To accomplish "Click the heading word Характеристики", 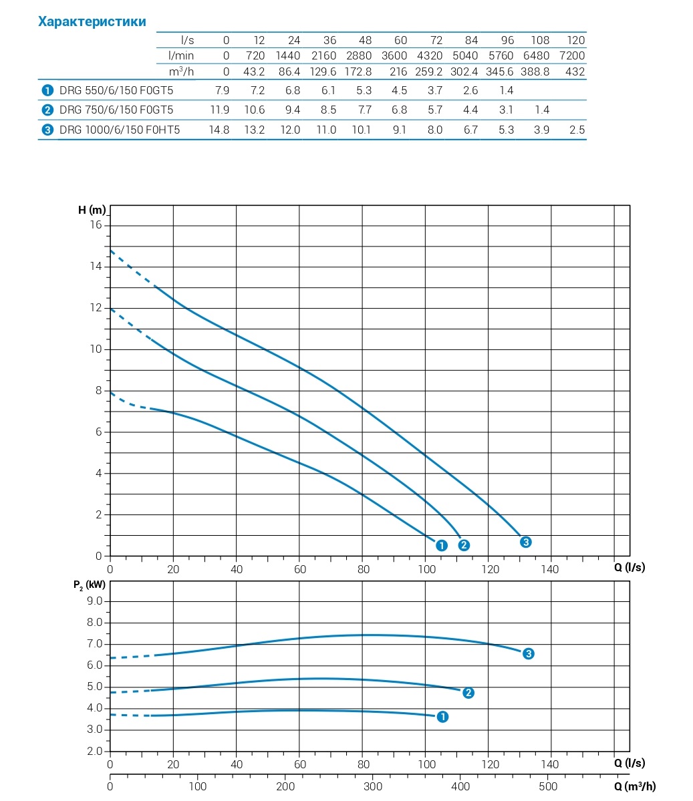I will (92, 22).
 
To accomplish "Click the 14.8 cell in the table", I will (219, 130).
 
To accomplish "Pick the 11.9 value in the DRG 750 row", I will (219, 110).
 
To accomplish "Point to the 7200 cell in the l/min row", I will (572, 55).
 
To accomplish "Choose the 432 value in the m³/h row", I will (575, 71).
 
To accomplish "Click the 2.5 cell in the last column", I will (577, 130).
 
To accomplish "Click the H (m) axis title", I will (92, 210).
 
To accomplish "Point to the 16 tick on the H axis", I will (97, 225).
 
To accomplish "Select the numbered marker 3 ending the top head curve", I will (526, 542).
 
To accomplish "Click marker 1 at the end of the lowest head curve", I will (441, 545).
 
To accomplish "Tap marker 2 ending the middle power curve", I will (468, 692).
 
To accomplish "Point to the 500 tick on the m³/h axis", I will (548, 786).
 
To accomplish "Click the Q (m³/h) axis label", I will (635, 786).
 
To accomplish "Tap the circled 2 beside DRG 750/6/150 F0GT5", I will (47, 110).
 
